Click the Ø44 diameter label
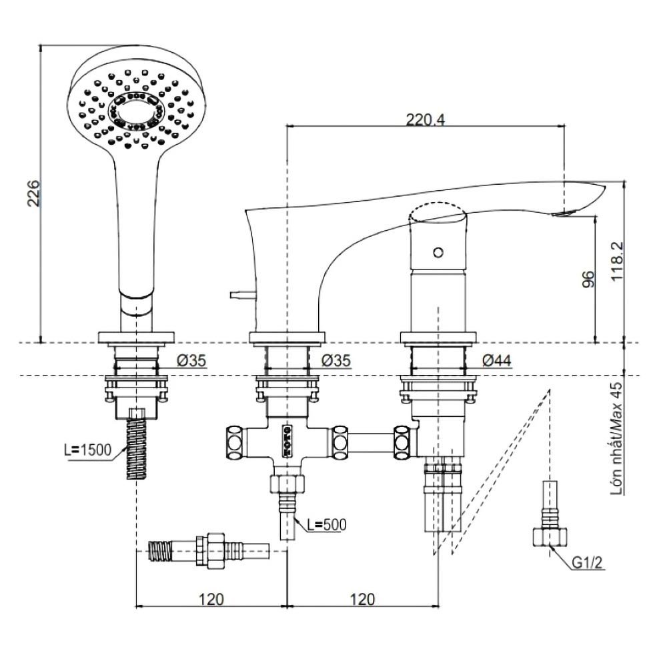click(x=496, y=360)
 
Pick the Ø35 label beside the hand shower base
click(x=192, y=361)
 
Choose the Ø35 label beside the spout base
click(x=336, y=361)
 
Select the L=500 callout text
click(x=326, y=525)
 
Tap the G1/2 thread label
click(x=587, y=564)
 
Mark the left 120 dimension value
click(x=211, y=598)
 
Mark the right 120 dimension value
click(x=362, y=598)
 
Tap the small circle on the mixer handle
click(x=438, y=252)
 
